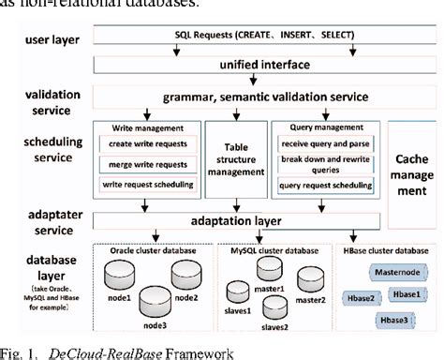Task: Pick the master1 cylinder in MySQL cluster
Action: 270,272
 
